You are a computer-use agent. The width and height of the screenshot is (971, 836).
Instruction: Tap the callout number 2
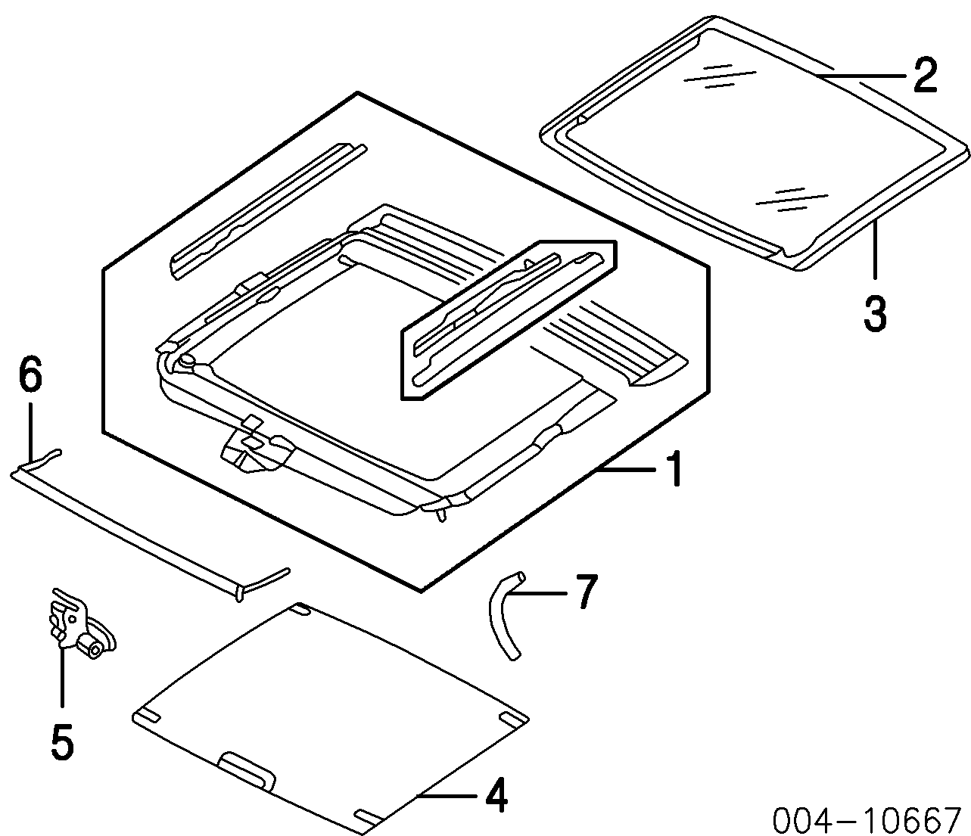924,76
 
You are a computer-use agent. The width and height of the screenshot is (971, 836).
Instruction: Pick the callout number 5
62,741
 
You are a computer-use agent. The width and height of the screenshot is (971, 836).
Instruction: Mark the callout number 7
585,592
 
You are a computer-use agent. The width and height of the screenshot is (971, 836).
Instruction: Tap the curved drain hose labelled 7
503,617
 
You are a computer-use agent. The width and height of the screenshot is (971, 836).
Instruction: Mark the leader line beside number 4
447,796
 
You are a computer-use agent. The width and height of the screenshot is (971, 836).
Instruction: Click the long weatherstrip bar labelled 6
129,530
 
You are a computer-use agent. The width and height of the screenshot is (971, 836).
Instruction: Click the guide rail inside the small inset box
507,314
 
